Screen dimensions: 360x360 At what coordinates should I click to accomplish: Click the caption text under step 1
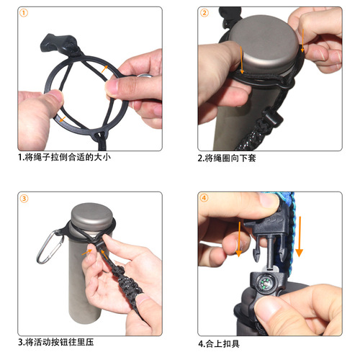[64, 157]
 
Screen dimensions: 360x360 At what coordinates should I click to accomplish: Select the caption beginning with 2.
[228, 157]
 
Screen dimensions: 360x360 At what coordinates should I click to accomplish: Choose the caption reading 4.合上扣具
[224, 342]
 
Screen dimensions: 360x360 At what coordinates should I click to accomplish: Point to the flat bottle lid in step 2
[266, 50]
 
